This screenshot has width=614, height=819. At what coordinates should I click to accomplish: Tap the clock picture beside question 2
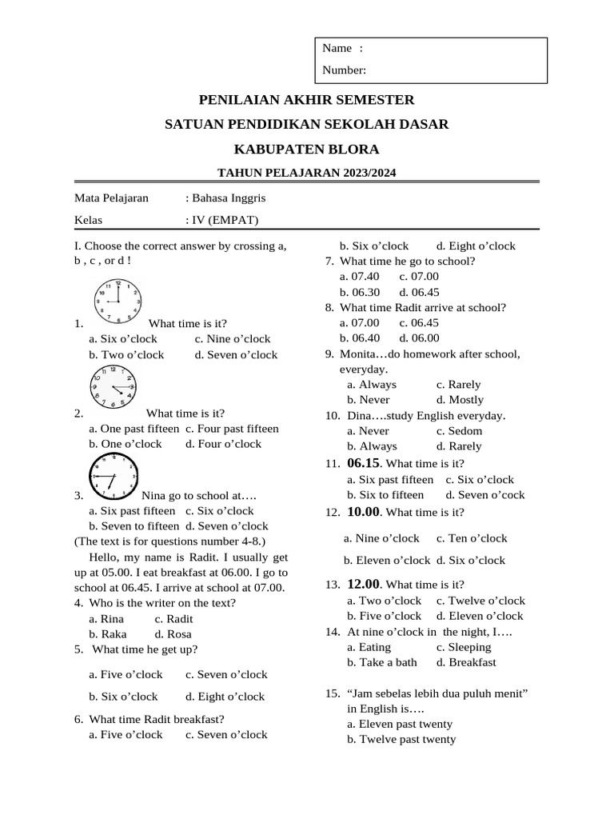pyautogui.click(x=113, y=386)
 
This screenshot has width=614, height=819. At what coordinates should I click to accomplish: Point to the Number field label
pyautogui.click(x=345, y=70)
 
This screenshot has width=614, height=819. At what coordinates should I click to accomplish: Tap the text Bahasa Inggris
pyautogui.click(x=228, y=198)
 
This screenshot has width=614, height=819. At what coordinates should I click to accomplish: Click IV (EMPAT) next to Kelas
pyautogui.click(x=225, y=220)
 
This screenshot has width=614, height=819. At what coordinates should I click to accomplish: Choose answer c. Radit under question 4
pyautogui.click(x=173, y=618)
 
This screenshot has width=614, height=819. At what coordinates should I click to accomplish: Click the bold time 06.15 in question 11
pyautogui.click(x=363, y=463)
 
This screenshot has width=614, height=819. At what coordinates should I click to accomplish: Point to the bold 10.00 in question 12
pyautogui.click(x=364, y=512)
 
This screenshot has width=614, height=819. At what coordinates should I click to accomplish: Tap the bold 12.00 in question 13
pyautogui.click(x=364, y=585)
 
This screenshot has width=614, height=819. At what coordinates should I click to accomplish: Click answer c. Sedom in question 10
pyautogui.click(x=459, y=431)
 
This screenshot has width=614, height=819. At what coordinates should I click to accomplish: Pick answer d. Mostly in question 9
pyautogui.click(x=460, y=400)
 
